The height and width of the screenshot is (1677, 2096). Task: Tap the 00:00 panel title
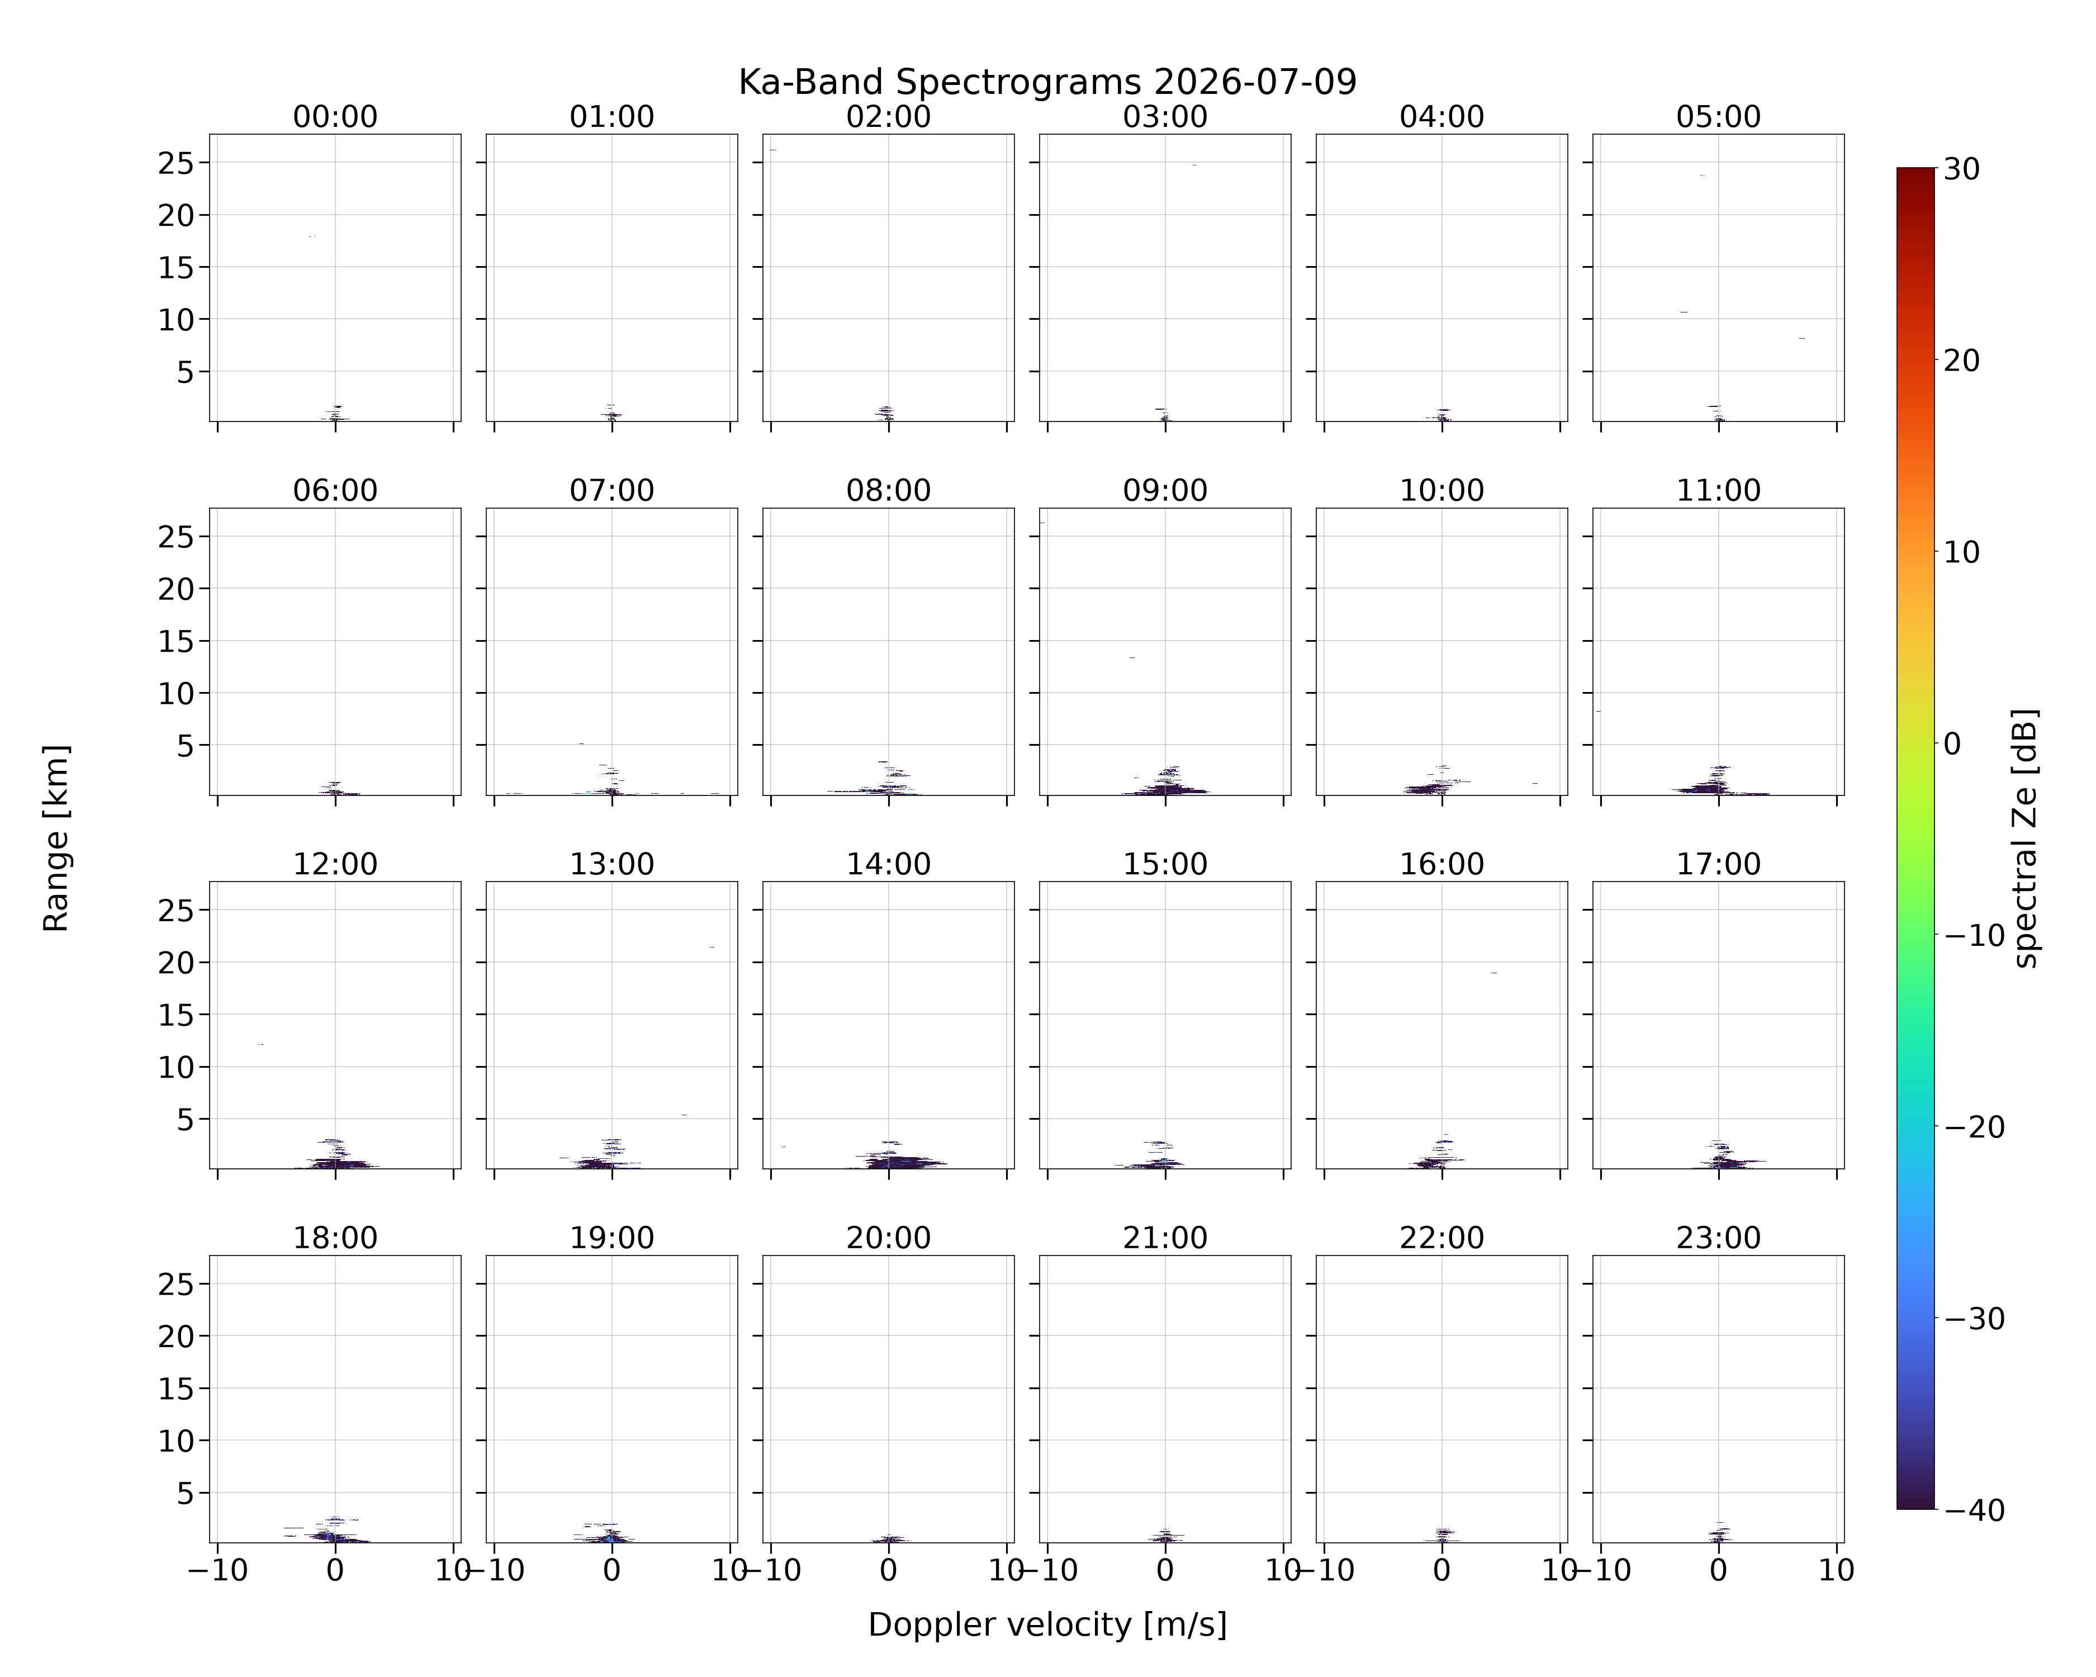(335, 117)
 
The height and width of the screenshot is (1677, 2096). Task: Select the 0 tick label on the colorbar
(1952, 743)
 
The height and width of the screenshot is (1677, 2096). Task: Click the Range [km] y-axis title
(56, 838)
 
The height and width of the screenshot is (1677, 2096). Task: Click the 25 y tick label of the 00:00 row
(176, 163)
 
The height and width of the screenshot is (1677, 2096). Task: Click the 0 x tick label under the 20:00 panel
(889, 1570)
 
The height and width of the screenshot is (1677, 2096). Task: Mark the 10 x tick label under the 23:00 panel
(1837, 1570)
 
